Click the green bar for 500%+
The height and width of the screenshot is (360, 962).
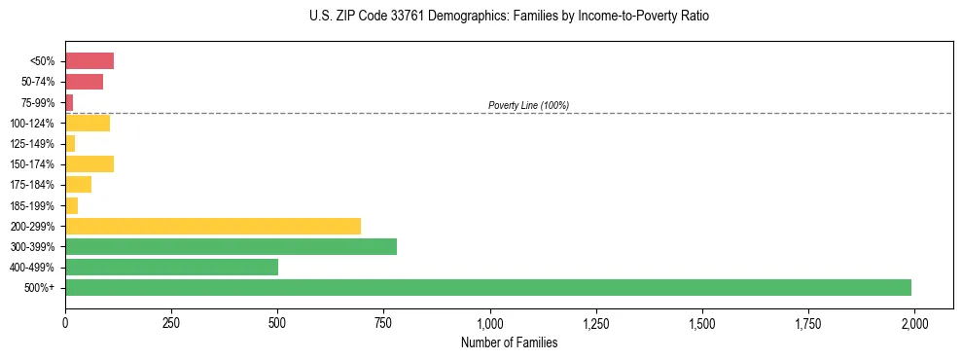(488, 287)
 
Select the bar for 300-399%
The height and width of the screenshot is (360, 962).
(231, 246)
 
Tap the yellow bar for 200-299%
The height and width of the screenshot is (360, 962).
(213, 226)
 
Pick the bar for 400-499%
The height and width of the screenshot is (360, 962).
(171, 267)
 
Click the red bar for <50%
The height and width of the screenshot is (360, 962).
(89, 61)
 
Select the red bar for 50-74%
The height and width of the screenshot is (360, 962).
(84, 82)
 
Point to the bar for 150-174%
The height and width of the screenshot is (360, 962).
(89, 163)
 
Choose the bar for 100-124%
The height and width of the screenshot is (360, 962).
(88, 123)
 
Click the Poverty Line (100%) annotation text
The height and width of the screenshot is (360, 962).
(528, 105)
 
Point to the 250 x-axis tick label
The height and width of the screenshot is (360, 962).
(171, 323)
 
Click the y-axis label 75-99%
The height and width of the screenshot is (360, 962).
(39, 102)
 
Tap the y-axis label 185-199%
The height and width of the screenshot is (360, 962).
(35, 205)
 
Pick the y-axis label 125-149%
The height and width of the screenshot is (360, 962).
(35, 143)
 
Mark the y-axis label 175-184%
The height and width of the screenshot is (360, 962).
(35, 185)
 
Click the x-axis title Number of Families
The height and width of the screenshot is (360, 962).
(509, 342)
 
